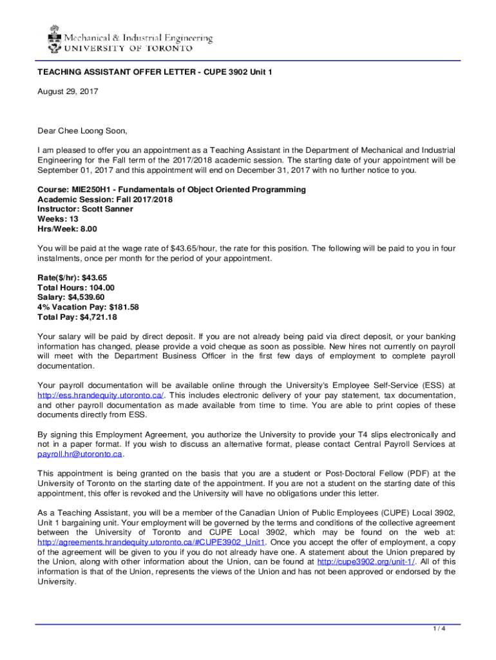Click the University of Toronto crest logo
[x=53, y=38]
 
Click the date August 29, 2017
[x=67, y=92]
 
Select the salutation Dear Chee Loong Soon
[x=82, y=131]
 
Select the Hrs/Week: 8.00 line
[x=67, y=229]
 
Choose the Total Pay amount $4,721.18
[x=97, y=317]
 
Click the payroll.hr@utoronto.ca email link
[x=80, y=454]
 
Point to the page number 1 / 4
[x=440, y=628]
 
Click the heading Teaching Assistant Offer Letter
[x=155, y=72]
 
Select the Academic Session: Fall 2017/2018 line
[x=105, y=199]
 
